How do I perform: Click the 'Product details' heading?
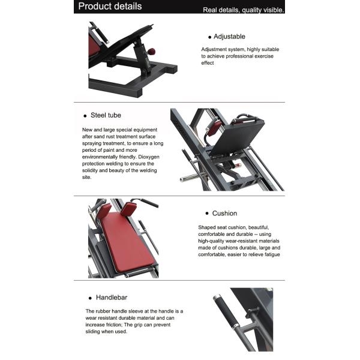[110, 7]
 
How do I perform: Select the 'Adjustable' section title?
[229, 37]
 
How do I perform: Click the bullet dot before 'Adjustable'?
[209, 37]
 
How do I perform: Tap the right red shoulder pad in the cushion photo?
[128, 210]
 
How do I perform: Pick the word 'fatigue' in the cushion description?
[269, 254]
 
